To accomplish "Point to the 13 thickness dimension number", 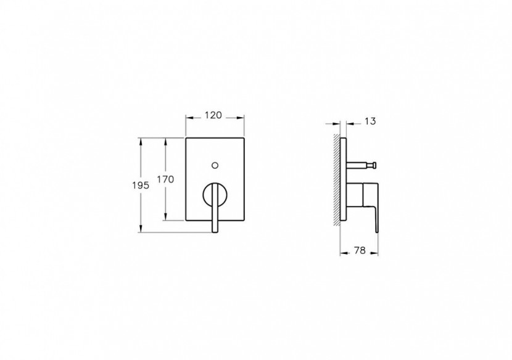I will [370, 122].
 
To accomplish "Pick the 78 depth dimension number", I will [360, 250].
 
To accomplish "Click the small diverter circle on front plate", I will [215, 165].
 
